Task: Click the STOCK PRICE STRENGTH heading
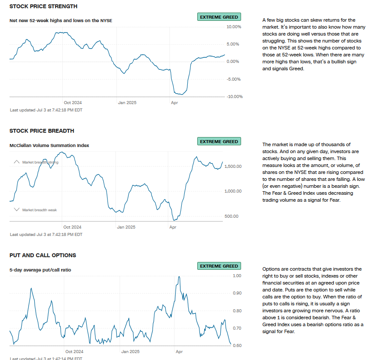click(x=43, y=7)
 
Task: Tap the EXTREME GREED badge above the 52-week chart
click(x=219, y=17)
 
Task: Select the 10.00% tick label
click(x=234, y=27)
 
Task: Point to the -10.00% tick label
click(x=235, y=96)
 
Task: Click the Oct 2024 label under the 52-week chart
click(x=72, y=103)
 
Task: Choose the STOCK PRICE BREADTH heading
click(x=42, y=131)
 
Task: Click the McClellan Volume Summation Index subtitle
click(x=49, y=146)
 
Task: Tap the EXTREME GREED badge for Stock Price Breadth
click(x=219, y=141)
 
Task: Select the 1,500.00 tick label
click(x=233, y=167)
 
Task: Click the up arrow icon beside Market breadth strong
click(x=16, y=162)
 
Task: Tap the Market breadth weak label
click(x=39, y=210)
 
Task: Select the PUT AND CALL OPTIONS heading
click(x=42, y=255)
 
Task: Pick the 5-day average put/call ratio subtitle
click(x=40, y=270)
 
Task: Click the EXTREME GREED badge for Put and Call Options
click(x=219, y=266)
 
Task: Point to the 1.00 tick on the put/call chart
click(x=237, y=276)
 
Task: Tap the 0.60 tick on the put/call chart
click(x=237, y=346)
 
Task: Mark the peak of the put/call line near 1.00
click(x=178, y=276)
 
